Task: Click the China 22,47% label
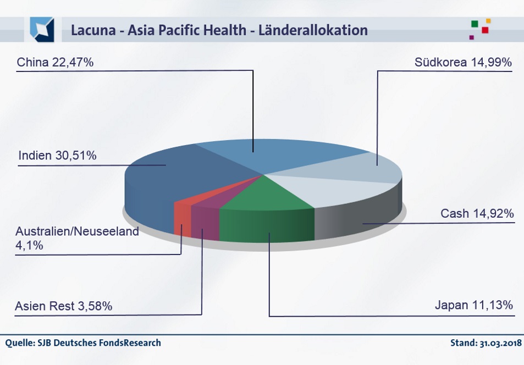pos(55,62)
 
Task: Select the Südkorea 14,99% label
pos(463,62)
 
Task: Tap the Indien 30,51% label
pos(58,156)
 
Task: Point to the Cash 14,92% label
pos(477,213)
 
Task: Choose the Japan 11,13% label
pos(474,305)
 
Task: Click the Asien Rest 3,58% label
pos(63,306)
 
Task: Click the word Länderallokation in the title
pos(313,30)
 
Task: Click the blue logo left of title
pos(42,30)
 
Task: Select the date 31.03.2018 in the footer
pos(500,343)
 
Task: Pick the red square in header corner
pos(485,30)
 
